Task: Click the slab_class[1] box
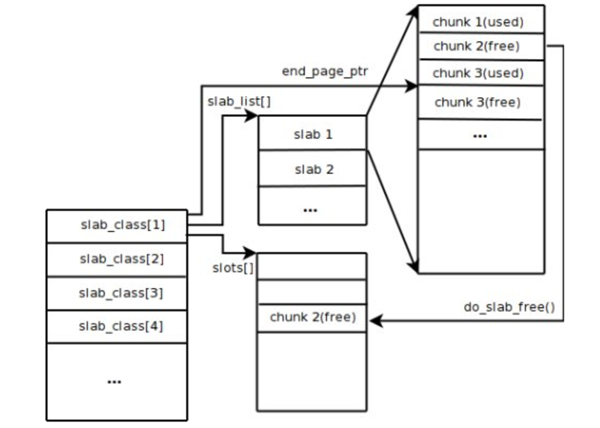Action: pos(117,226)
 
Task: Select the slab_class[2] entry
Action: pos(117,260)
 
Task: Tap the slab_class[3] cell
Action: pos(117,293)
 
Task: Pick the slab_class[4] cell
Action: pos(117,326)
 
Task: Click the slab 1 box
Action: pos(313,132)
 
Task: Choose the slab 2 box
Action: pos(313,168)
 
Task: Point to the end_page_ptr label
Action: pos(325,72)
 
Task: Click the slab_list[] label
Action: pos(239,102)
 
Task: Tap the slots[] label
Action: pos(233,268)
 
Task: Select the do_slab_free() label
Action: pos(510,307)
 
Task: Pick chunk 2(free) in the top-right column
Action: pos(481,47)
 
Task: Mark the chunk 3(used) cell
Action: pos(481,73)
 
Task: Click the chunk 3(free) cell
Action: pos(481,102)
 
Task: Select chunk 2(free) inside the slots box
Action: pos(312,318)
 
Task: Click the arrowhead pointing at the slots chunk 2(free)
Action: pos(376,320)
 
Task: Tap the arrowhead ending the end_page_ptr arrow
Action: pos(412,86)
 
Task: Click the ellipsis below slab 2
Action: pos(310,210)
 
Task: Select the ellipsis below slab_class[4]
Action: pos(114,381)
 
